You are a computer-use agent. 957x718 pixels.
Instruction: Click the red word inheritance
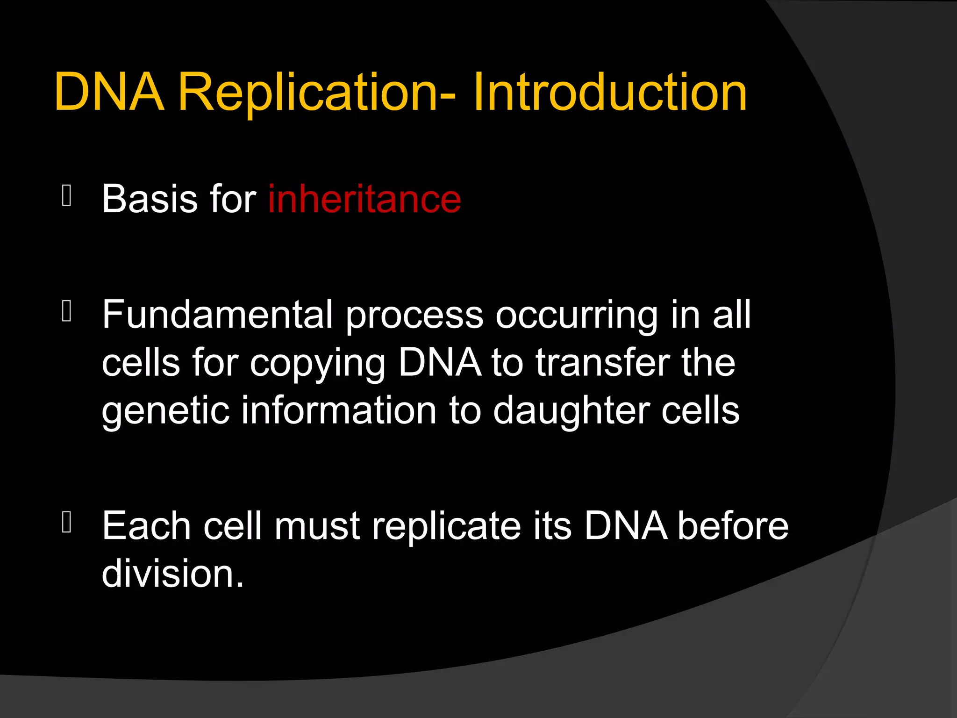tap(364, 199)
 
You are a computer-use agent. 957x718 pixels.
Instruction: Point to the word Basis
tap(150, 199)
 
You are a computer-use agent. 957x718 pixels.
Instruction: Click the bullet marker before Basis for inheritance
tap(67, 196)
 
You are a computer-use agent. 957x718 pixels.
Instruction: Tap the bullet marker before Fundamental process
tap(67, 311)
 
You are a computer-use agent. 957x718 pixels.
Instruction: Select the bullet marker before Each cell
tap(67, 522)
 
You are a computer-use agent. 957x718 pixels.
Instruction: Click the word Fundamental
tap(217, 315)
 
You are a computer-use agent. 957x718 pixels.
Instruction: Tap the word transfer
tap(603, 362)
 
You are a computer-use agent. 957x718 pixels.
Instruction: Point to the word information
tap(339, 410)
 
